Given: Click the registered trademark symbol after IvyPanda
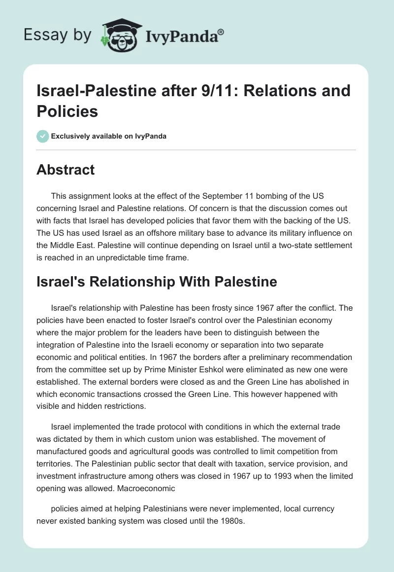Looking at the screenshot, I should (221, 33).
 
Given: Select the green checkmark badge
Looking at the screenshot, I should (43, 136).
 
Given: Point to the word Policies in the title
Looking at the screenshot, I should (67, 111).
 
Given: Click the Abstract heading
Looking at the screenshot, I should (66, 170).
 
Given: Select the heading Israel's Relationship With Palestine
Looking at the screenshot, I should (157, 282).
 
